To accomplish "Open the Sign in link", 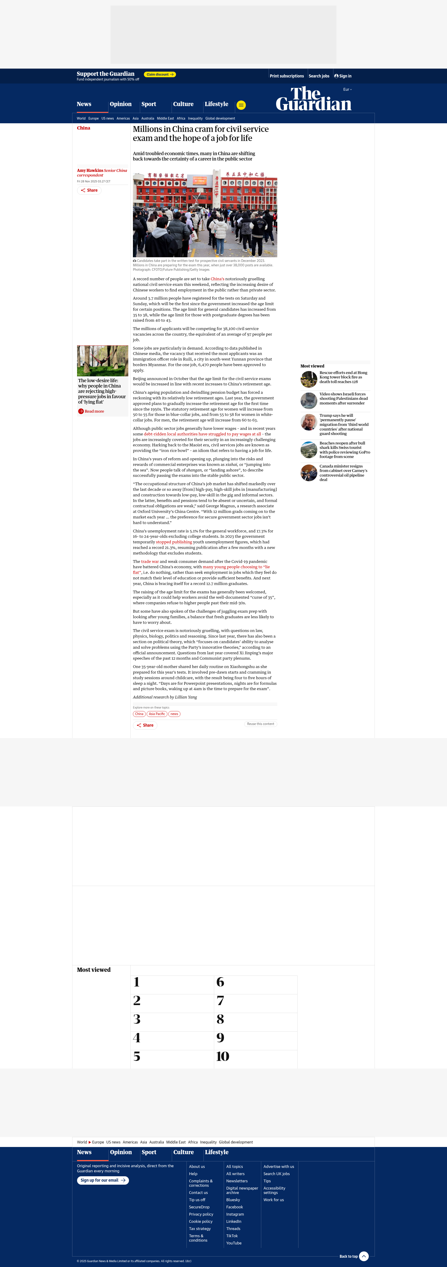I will [343, 76].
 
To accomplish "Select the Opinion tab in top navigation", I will [121, 104].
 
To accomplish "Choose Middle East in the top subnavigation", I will [165, 119].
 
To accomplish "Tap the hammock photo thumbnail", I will [102, 361].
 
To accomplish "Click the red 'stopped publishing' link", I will [174, 542].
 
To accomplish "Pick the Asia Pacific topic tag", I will [157, 714].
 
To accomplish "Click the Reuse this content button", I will [261, 724].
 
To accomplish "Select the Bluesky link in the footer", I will [233, 1200].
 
